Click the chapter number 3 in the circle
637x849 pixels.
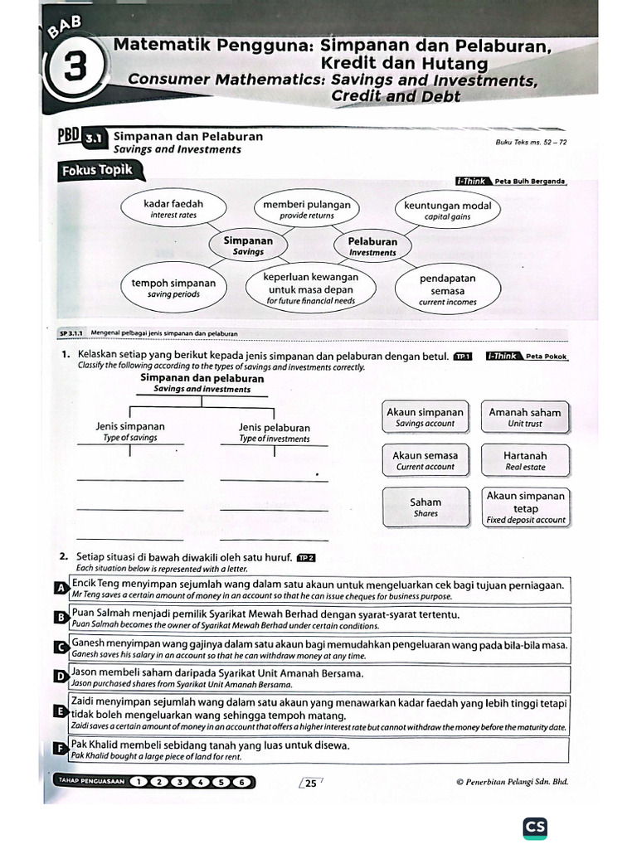(x=75, y=68)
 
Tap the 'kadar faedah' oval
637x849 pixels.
(x=173, y=209)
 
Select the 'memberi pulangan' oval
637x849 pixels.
(x=306, y=209)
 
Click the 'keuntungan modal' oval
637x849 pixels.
(x=447, y=210)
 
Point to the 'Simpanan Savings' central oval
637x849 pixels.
(x=248, y=245)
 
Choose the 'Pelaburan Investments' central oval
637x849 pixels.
(x=372, y=246)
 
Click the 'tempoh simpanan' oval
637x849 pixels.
(x=173, y=288)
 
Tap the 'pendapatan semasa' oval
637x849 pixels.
(x=447, y=290)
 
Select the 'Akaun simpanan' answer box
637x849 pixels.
(x=425, y=417)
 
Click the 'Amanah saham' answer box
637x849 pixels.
(x=524, y=417)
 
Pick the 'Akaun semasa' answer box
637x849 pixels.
(x=425, y=460)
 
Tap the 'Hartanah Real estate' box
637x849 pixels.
(x=524, y=460)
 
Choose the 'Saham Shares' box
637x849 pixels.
(x=425, y=507)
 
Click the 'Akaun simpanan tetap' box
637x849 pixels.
(x=526, y=507)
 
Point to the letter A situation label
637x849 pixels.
(x=59, y=588)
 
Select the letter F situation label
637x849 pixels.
(x=59, y=749)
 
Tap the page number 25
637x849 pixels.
(x=311, y=783)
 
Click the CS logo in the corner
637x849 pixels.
(x=535, y=828)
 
